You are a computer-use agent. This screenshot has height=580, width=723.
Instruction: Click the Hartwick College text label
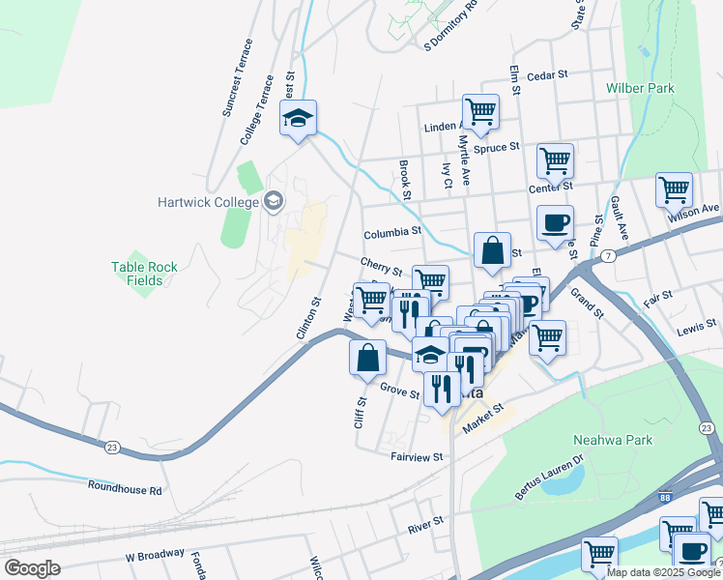pos(208,202)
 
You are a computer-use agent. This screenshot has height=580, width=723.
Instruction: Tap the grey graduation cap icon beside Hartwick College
pos(274,201)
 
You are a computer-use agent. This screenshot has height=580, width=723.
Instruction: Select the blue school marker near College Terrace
pos(299,120)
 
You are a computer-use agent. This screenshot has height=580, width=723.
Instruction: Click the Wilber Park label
pos(640,88)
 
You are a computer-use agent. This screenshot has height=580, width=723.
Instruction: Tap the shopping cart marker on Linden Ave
pos(479,111)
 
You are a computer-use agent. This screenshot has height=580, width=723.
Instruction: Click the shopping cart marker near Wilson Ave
pos(674,190)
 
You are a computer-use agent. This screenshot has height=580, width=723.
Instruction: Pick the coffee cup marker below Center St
pos(555,223)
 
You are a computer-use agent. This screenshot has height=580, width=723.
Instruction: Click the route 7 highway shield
pos(606,255)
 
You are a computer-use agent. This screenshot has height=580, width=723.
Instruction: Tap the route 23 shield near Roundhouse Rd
pos(112,447)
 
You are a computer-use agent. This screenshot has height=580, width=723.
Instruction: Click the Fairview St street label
pos(417,456)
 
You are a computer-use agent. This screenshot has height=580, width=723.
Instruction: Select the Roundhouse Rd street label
pos(124,489)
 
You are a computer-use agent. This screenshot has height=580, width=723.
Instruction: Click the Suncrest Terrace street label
pos(237,78)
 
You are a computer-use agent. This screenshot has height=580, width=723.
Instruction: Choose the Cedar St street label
pos(547,73)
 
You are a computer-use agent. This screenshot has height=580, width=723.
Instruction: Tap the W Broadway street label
pos(155,555)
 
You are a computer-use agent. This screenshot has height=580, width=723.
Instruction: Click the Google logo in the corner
pos(32,567)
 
